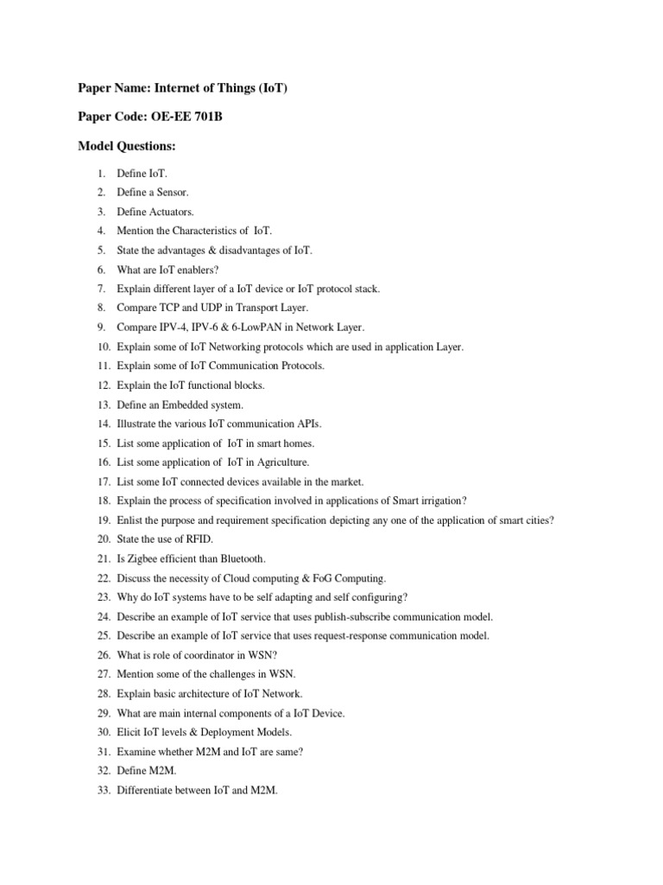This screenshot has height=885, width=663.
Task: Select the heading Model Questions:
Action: tap(126, 148)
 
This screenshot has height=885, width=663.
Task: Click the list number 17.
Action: tap(103, 481)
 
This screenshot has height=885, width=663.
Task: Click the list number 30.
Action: tap(103, 732)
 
